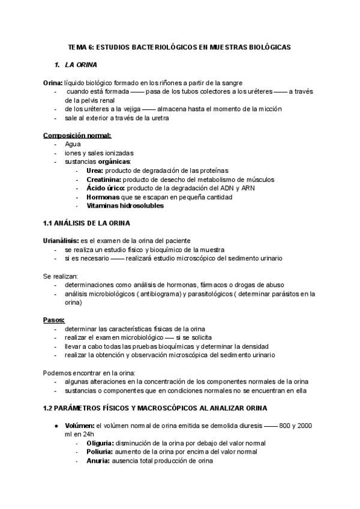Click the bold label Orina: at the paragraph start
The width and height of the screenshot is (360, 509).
[53, 82]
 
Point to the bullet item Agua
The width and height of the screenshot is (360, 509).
[73, 144]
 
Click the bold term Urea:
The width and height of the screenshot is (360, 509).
[95, 170]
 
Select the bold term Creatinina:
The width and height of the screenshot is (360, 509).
[104, 179]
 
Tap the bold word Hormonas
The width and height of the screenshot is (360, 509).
[103, 196]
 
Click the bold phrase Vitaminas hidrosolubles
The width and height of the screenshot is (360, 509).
[125, 205]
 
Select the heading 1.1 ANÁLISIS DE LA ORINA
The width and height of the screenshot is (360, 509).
[91, 223]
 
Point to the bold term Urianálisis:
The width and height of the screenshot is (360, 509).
[61, 241]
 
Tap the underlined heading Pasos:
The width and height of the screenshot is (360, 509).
[54, 320]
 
